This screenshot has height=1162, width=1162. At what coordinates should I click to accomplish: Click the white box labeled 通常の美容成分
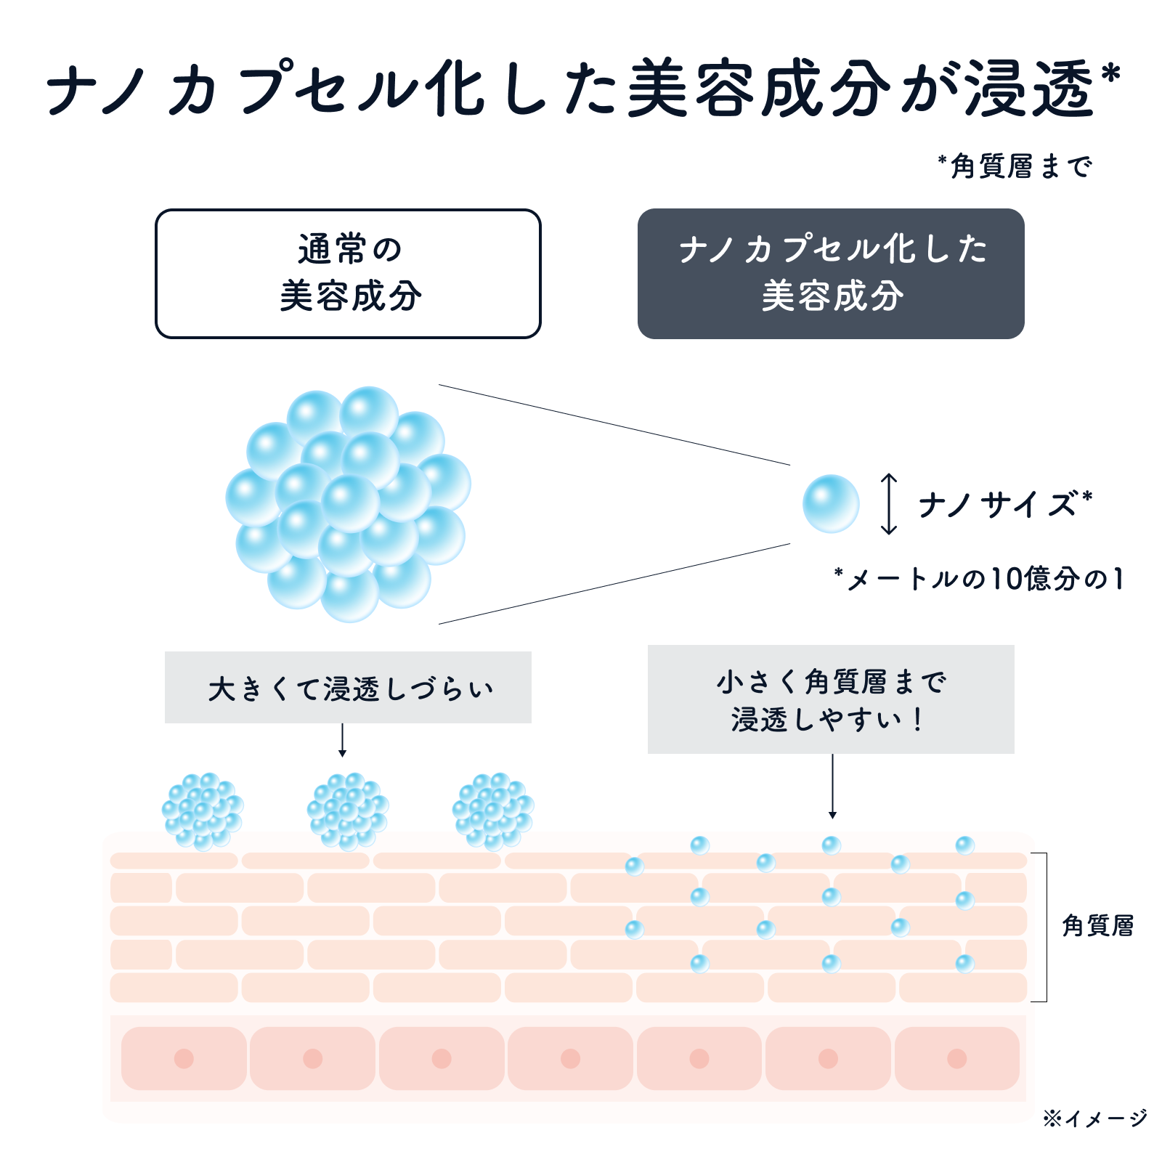coord(348,273)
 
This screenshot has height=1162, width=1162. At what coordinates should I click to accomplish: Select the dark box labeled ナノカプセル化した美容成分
coord(831,273)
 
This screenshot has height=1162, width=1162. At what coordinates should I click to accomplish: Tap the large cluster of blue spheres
coord(349,504)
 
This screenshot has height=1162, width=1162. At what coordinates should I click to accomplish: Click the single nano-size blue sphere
coord(831,504)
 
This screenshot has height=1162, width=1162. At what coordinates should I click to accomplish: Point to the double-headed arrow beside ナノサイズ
coord(889,504)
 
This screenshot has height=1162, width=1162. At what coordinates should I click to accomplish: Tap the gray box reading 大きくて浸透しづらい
coord(348,687)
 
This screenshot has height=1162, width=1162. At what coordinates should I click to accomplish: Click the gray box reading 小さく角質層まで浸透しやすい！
coord(831,699)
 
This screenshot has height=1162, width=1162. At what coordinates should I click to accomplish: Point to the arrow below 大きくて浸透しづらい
coord(342,740)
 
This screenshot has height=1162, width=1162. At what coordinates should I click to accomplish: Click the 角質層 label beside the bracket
coord(1097,926)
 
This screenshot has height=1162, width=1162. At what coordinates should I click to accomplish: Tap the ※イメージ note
coord(1095,1118)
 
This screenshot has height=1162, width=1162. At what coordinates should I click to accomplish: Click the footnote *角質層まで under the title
coord(1015,166)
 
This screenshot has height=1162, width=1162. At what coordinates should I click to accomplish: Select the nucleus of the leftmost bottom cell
coord(184,1058)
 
